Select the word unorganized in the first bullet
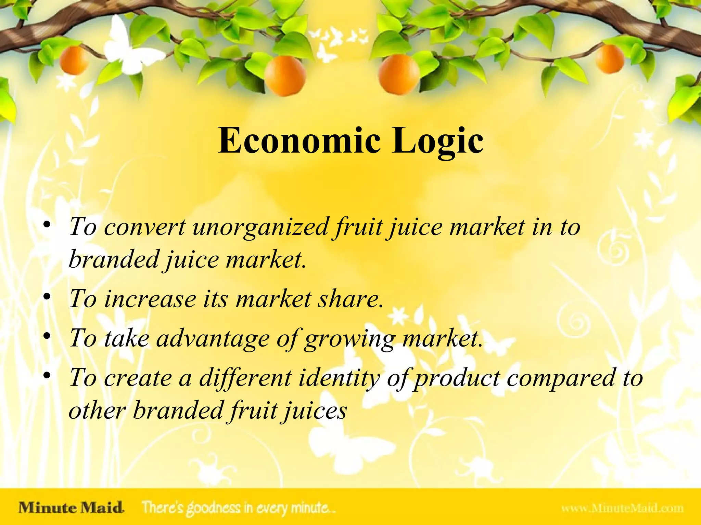[x=260, y=227]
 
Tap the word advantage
[x=213, y=339]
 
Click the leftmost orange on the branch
[x=74, y=61]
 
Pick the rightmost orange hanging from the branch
[x=609, y=59]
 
